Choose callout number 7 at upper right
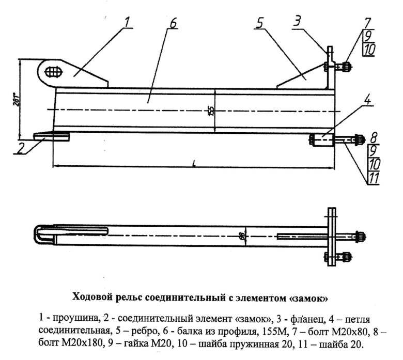click(367, 23)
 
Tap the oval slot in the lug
click(53, 71)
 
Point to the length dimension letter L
click(193, 162)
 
